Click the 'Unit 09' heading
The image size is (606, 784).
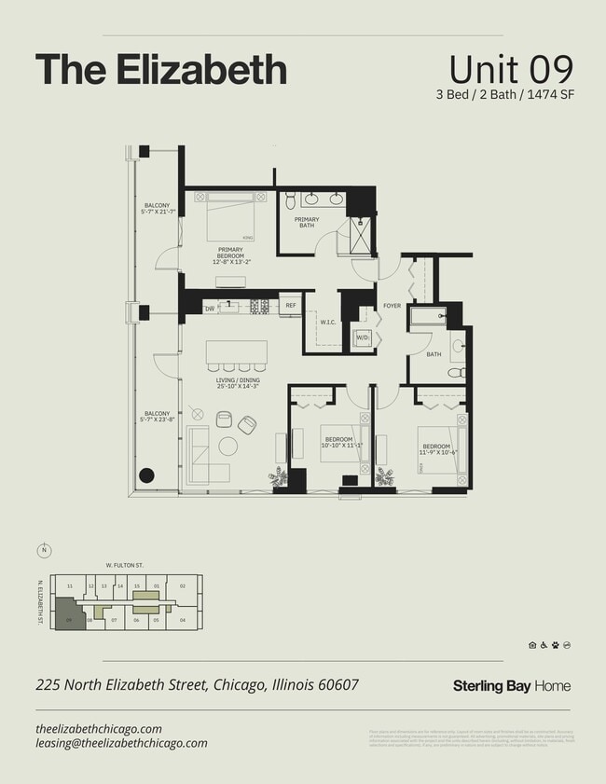[510, 70]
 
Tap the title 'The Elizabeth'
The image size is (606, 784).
[160, 70]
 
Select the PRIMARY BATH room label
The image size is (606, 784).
[307, 222]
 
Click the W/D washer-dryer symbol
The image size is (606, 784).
[362, 337]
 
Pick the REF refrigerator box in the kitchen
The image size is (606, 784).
[290, 305]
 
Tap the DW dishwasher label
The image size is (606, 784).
[210, 307]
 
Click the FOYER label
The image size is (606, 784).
[392, 306]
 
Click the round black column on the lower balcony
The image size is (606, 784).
[146, 475]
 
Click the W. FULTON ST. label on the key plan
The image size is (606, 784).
[124, 564]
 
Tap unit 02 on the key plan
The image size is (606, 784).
[183, 586]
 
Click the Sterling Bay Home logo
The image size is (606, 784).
[511, 686]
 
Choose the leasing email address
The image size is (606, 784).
[121, 743]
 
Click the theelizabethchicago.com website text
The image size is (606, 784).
[99, 728]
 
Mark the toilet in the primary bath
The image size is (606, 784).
[290, 199]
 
